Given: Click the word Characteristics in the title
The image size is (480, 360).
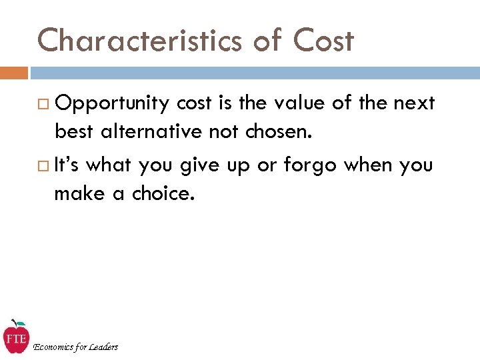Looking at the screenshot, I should tap(139, 41).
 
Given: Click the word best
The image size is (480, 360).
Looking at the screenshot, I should tap(73, 132).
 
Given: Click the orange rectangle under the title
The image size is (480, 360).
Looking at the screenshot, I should tap(14, 72).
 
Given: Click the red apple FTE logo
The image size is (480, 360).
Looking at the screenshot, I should tap(15, 337).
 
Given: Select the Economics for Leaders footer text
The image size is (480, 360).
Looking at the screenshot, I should tap(75, 347).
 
